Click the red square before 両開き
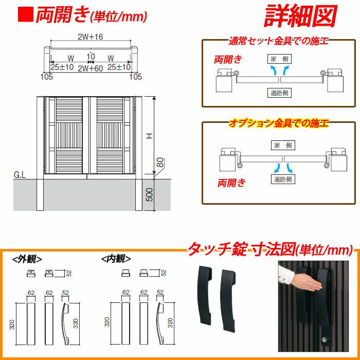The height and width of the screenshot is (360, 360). click(26, 14)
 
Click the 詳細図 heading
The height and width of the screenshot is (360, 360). click(300, 16)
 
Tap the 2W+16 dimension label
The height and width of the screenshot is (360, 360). click(91, 37)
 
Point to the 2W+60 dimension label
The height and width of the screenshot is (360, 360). click(90, 68)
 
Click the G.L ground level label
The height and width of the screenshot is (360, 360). click(20, 175)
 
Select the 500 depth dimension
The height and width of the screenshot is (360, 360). click(149, 194)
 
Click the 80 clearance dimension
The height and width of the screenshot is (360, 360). click(161, 163)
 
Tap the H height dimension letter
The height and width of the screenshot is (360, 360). click(150, 136)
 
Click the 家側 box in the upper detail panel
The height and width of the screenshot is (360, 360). click(279, 59)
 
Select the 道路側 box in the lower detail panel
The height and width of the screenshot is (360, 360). click(283, 179)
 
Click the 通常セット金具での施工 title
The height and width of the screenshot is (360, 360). click(278, 41)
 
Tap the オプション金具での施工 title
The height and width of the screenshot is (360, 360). click(278, 123)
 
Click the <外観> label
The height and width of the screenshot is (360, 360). click(27, 259)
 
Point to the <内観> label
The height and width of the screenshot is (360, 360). click(116, 259)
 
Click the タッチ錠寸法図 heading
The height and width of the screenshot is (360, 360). click(241, 250)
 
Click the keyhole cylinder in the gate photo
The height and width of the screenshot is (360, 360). click(326, 338)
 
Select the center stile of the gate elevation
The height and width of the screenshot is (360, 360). click(86, 135)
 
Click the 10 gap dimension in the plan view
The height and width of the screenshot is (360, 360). click(91, 56)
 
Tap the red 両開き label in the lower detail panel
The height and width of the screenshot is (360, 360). click(231, 183)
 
